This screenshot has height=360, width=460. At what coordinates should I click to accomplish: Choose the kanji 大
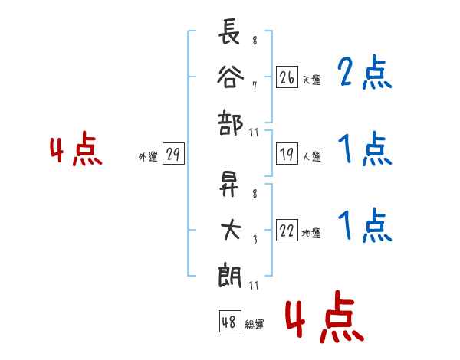point(230,231)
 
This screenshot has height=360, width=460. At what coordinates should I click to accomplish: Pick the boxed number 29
point(172,155)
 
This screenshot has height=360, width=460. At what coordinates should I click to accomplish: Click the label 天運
point(311,80)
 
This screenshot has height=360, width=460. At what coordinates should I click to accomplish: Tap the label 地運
point(311,234)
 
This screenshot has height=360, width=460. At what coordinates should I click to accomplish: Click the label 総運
point(254,324)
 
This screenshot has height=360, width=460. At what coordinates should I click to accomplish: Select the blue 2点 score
point(364,74)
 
